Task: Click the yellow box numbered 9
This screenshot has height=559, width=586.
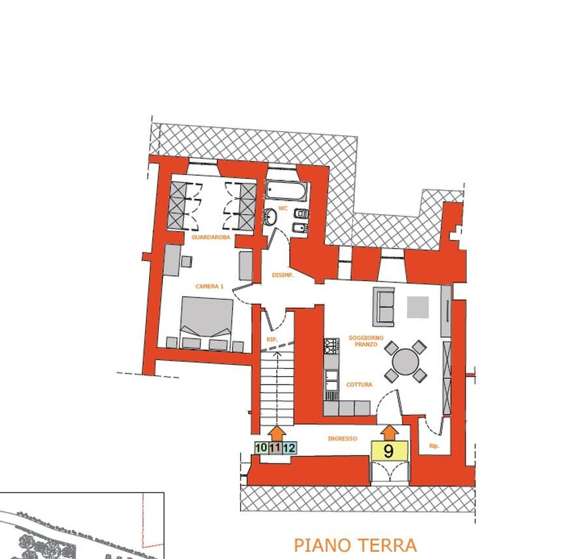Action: tap(389, 450)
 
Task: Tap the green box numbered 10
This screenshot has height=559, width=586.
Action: tap(261, 448)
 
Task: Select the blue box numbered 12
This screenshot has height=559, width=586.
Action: tap(289, 448)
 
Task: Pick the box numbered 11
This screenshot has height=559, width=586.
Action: tap(275, 448)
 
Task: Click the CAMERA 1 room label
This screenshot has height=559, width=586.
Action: tap(209, 286)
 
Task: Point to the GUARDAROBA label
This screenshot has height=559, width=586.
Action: tap(211, 237)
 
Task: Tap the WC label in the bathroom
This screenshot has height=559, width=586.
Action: tap(283, 208)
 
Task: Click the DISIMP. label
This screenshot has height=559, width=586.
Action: tap(283, 275)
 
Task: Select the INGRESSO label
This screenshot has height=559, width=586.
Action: tap(342, 439)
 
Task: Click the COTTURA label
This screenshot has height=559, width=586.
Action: tap(359, 384)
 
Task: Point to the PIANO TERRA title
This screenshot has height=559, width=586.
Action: tap(355, 545)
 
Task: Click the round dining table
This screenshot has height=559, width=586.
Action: tap(406, 361)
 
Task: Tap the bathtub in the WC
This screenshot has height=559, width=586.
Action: tap(287, 191)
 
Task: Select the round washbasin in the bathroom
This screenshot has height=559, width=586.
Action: tap(270, 217)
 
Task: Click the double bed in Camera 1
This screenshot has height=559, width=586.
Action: tap(206, 323)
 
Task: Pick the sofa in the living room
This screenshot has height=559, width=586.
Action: tap(384, 307)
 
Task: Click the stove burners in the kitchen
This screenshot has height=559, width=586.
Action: tap(331, 346)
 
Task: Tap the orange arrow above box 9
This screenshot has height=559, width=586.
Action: tap(389, 432)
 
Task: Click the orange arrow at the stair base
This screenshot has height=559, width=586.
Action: tap(277, 433)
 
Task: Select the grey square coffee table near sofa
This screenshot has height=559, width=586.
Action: tap(418, 307)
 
